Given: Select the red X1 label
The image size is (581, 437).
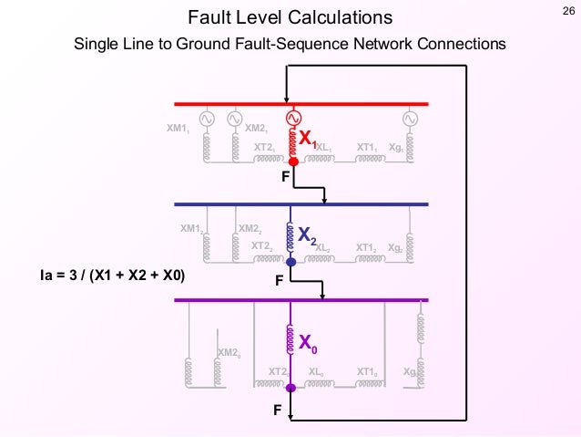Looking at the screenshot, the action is [308, 139].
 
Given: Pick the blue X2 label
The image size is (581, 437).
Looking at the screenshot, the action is [307, 238].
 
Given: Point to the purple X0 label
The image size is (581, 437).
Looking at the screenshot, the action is [309, 345].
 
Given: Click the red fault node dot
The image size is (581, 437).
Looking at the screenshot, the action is [293, 161].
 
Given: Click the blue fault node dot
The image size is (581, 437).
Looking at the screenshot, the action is [290, 262].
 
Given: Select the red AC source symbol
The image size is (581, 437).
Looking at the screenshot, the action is [293, 118].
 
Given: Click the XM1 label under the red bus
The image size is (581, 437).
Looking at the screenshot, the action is [178, 129].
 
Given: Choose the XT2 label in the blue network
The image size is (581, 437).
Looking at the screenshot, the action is [262, 245].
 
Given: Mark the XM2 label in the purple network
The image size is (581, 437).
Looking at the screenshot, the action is [229, 351].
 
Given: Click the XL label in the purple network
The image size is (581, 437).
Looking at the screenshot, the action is [318, 371].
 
